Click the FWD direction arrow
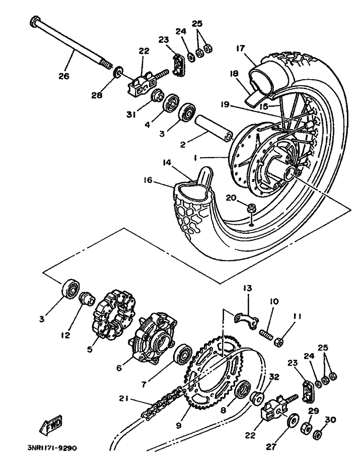click(x=51, y=425)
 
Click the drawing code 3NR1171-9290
click(x=52, y=448)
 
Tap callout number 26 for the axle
click(x=64, y=76)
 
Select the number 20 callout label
click(x=231, y=198)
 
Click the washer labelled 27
click(x=292, y=422)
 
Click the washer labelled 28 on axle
click(x=118, y=72)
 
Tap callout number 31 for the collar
click(x=131, y=115)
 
